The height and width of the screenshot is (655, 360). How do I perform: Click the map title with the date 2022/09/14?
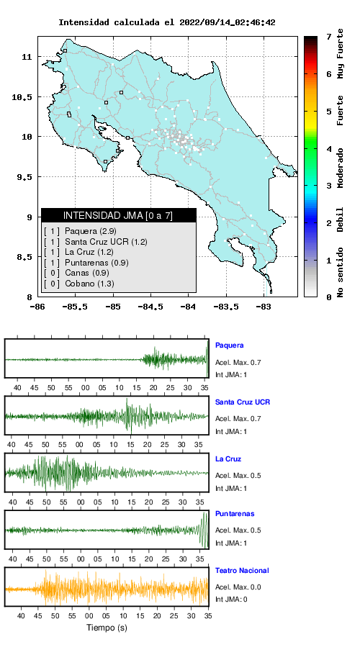coord(166,22)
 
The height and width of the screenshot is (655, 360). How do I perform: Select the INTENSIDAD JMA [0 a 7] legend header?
coord(118,215)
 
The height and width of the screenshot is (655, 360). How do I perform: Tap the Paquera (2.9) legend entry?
coord(91,231)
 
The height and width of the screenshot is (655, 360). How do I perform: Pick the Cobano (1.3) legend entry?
coord(89,284)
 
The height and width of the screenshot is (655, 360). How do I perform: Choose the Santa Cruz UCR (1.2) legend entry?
coord(106,241)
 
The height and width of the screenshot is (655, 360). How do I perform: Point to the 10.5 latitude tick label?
coord(22,97)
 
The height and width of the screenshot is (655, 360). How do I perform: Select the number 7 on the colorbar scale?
coord(330,37)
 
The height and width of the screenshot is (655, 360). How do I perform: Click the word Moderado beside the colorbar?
coord(341,168)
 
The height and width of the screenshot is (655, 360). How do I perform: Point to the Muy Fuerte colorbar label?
coord(341,53)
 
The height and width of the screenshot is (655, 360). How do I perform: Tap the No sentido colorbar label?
coord(341,272)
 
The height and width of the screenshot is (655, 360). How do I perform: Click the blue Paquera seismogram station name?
coord(229,345)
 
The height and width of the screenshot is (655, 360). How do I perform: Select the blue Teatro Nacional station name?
coord(242,570)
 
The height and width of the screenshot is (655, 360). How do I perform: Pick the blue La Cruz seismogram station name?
coord(228,459)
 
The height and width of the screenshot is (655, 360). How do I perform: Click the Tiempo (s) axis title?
coord(107,628)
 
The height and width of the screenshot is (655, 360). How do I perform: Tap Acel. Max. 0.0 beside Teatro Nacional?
coord(238,587)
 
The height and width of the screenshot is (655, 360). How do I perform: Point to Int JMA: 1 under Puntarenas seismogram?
coord(231,543)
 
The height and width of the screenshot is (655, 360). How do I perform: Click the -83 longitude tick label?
coord(264,307)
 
